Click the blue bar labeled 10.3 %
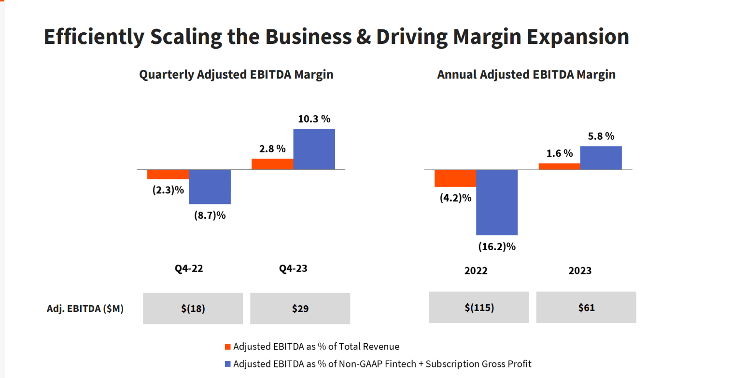click(x=314, y=149)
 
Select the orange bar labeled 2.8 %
click(x=272, y=164)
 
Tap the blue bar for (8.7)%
click(x=210, y=187)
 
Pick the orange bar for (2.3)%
click(x=168, y=175)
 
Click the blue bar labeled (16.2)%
click(x=497, y=202)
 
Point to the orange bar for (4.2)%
click(x=455, y=178)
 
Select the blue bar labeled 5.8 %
click(x=601, y=158)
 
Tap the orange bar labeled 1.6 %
click(x=559, y=166)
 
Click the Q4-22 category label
click(x=189, y=269)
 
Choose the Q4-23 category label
click(x=293, y=269)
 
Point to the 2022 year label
click(x=476, y=270)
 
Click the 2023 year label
click(x=580, y=270)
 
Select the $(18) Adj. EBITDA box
click(x=193, y=308)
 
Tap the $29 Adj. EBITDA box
click(x=300, y=308)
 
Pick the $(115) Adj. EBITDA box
click(x=479, y=307)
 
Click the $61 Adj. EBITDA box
click(x=586, y=307)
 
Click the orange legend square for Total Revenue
click(x=228, y=347)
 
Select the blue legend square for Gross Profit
click(x=228, y=364)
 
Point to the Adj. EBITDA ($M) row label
click(x=84, y=309)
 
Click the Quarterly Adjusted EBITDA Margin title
click(x=236, y=75)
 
